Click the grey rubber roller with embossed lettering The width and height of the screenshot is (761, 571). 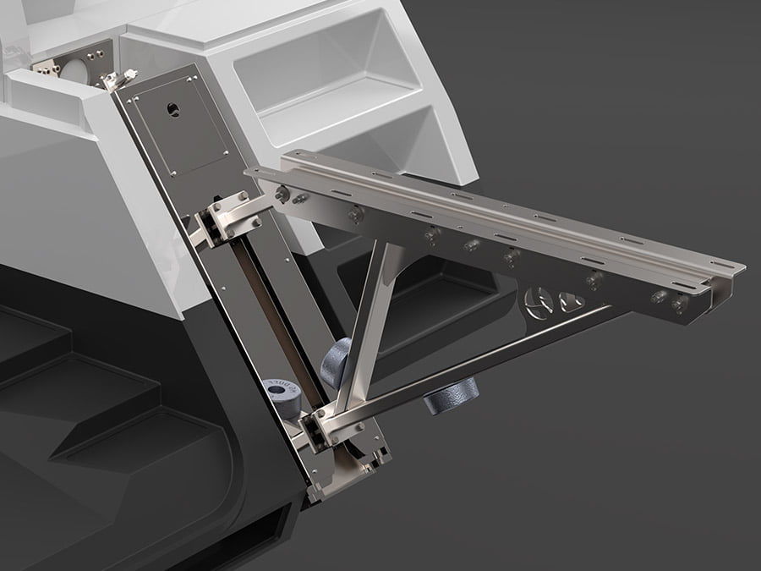[282, 397]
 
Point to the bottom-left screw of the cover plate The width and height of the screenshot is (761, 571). [174, 173]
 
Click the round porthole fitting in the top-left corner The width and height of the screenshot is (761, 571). [75, 68]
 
